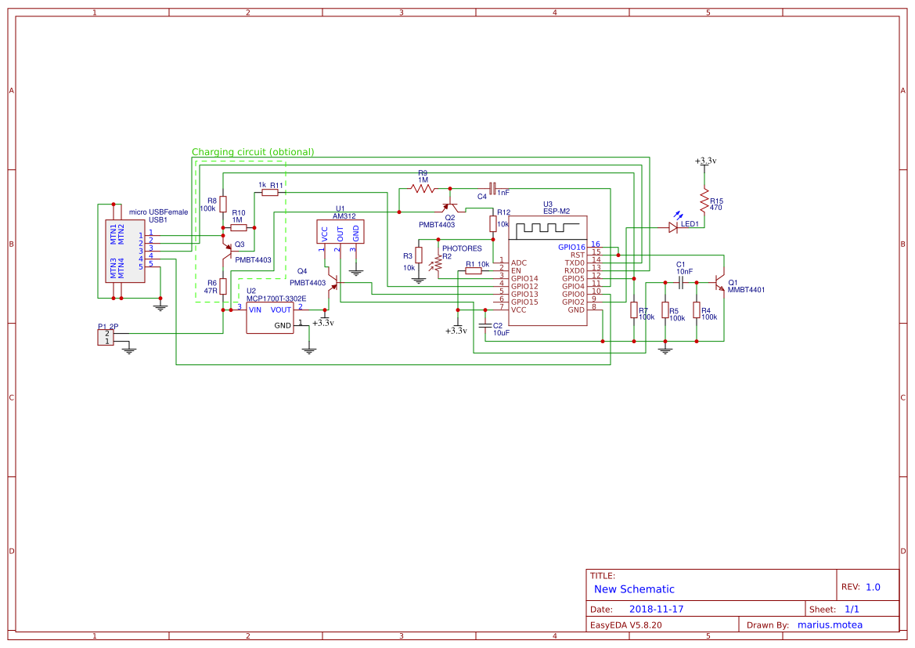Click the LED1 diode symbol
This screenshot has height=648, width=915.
click(672, 227)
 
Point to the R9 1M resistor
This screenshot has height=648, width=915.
click(423, 188)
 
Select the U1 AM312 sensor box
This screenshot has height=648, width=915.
click(340, 233)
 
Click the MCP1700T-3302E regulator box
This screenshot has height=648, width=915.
click(270, 317)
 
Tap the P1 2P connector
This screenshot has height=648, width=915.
click(104, 337)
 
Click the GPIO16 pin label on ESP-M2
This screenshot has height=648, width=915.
click(571, 247)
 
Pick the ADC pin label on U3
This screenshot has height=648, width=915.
click(518, 262)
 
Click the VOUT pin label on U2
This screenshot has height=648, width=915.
click(280, 310)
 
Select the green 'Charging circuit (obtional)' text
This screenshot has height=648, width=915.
click(253, 152)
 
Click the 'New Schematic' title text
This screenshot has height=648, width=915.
click(634, 589)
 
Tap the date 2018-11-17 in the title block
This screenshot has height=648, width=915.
click(656, 609)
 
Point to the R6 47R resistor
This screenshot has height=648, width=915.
click(223, 286)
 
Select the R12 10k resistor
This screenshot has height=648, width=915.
click(493, 224)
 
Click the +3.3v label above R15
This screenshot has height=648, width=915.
click(704, 161)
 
